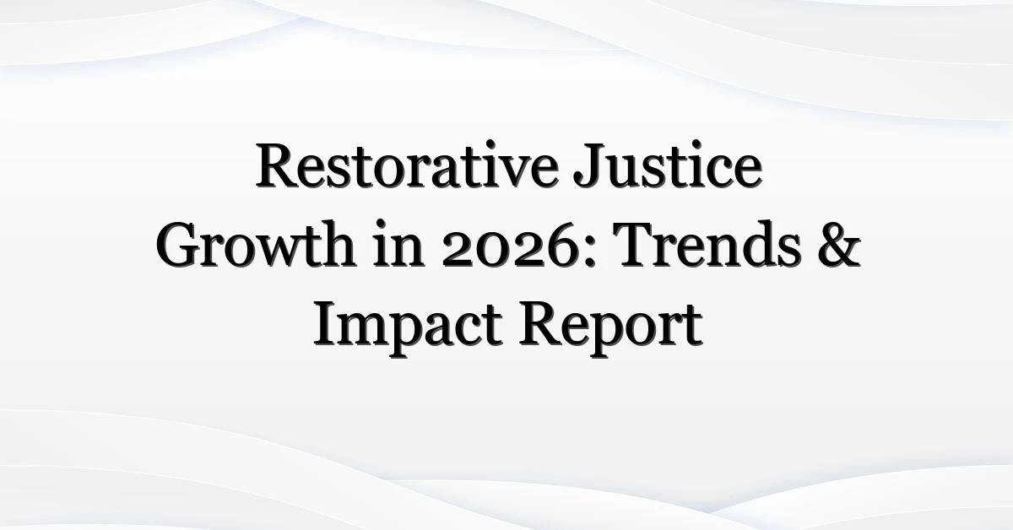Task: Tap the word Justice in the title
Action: [668, 165]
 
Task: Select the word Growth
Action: [255, 245]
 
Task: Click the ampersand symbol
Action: [839, 245]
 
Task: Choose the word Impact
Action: [408, 327]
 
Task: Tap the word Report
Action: [610, 327]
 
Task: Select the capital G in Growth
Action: [178, 245]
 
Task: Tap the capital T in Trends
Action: [638, 245]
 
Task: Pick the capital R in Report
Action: [539, 324]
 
